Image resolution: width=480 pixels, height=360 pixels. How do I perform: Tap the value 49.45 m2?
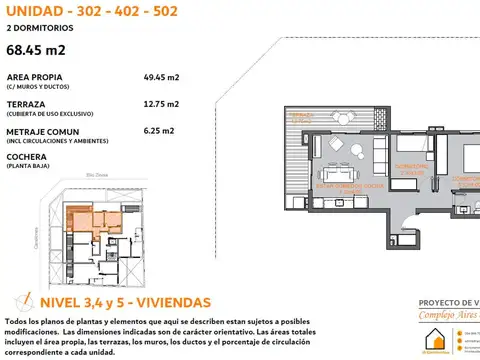tap(162, 76)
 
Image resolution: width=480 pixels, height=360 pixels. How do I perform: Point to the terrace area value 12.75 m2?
tap(162, 103)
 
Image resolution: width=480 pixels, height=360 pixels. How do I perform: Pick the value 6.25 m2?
tap(160, 130)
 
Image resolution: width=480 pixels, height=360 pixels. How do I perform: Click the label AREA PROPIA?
tap(32, 76)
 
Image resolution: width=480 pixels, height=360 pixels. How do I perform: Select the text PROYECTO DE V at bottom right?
tap(448, 302)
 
